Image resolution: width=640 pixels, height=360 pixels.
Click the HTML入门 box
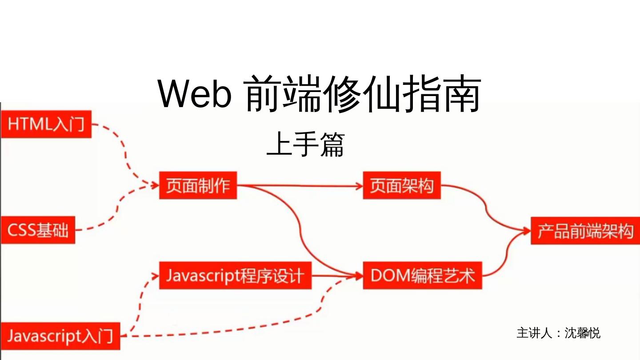pos(46,124)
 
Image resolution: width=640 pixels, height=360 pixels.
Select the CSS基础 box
pos(38,230)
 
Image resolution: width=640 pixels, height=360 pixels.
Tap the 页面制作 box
pos(198,185)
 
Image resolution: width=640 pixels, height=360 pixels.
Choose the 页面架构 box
pos(401,185)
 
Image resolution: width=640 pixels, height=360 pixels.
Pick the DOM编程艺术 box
pos(422,276)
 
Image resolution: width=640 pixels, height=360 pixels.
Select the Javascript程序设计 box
pos(235,276)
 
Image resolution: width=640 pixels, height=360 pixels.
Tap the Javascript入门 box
pos(60,336)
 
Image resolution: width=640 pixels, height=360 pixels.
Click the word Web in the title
pos(194,95)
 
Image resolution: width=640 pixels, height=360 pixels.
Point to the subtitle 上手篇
pos(306,145)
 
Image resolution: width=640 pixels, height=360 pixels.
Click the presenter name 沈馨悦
pos(582,333)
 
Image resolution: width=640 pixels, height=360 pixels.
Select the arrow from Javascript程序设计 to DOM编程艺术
pos(336,276)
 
